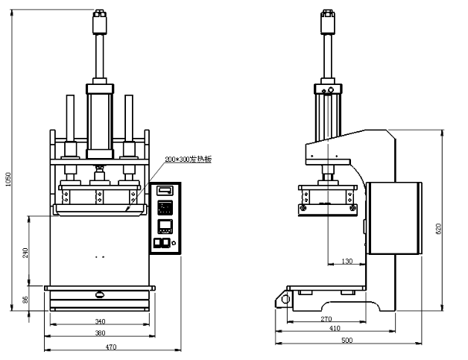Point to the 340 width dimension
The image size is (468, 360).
pyautogui.click(x=101, y=321)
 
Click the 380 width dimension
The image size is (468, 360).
pyautogui.click(x=101, y=332)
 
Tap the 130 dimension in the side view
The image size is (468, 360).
pyautogui.click(x=347, y=261)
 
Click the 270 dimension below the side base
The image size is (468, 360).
pyautogui.click(x=326, y=318)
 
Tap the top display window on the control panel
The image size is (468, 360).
pyautogui.click(x=164, y=191)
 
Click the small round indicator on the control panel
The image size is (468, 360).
pyautogui.click(x=173, y=241)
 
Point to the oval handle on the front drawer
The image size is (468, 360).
pyautogui.click(x=100, y=294)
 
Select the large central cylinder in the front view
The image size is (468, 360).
pyautogui.click(x=99, y=123)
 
